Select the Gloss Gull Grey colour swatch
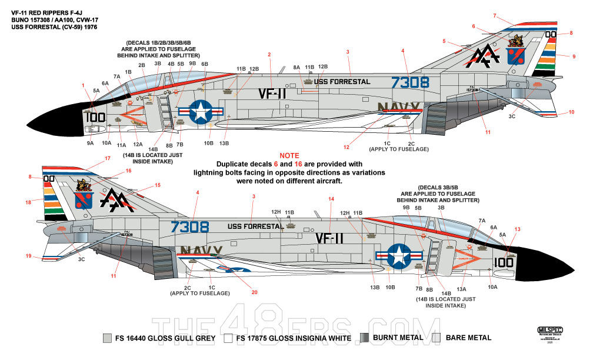[106, 338]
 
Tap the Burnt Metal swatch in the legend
[365, 338]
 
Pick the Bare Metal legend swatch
[436, 338]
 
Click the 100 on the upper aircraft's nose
[95, 117]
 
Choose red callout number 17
[107, 158]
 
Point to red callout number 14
[331, 199]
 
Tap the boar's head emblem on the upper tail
[516, 41]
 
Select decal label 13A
[460, 288]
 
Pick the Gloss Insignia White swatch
[228, 338]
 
